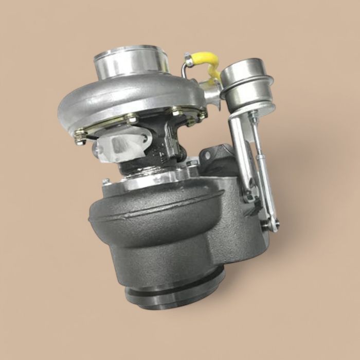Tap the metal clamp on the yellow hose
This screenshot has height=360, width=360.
click(x=189, y=62)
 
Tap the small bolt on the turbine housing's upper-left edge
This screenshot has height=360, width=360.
click(x=105, y=182)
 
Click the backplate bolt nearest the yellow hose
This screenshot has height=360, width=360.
click(x=193, y=121)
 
